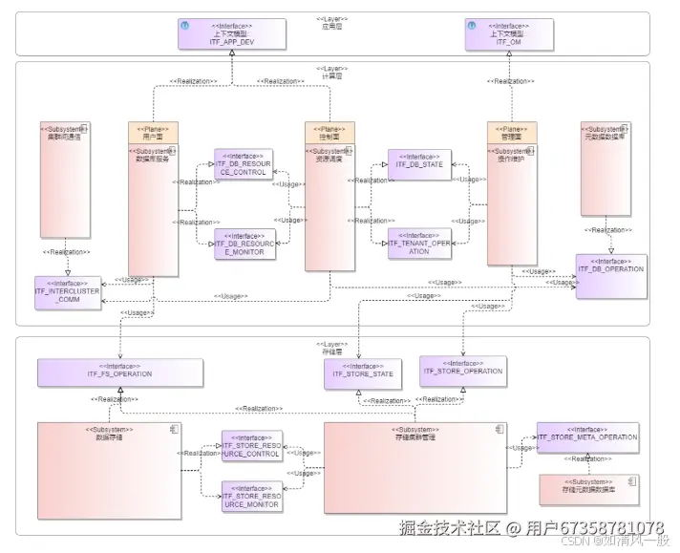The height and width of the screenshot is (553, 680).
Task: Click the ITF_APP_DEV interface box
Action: click(x=231, y=34)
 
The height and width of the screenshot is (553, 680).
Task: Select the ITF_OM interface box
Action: click(x=509, y=34)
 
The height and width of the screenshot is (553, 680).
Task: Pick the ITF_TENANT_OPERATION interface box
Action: click(x=419, y=244)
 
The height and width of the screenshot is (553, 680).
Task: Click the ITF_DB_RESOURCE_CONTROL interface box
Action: click(x=244, y=164)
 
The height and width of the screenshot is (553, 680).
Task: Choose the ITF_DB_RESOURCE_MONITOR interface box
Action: click(x=244, y=245)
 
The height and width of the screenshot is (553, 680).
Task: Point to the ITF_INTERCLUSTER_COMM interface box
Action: click(x=68, y=292)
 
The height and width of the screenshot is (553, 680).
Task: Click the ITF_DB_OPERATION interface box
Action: click(x=610, y=276)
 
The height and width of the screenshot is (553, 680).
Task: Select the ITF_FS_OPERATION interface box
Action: click(x=119, y=373)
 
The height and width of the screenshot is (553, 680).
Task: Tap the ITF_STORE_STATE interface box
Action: click(x=362, y=373)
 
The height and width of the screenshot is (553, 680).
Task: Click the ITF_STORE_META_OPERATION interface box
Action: click(x=586, y=437)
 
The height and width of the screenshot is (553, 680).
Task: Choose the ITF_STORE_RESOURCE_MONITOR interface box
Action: click(x=252, y=497)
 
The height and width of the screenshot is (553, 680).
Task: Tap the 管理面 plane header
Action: click(x=512, y=132)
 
